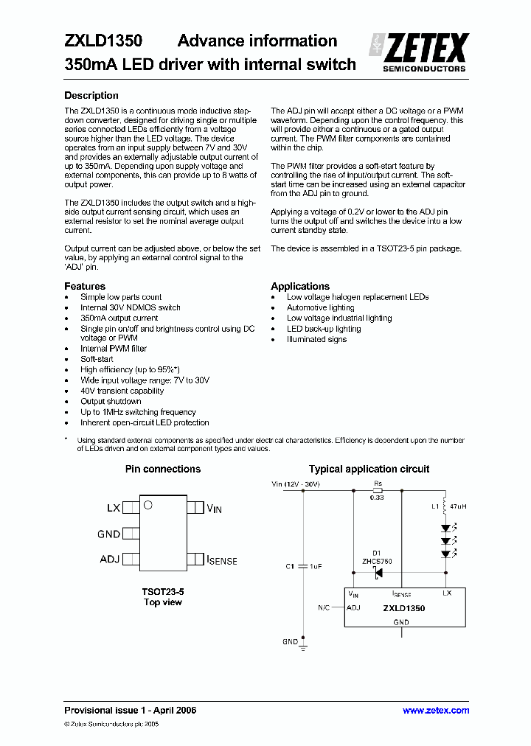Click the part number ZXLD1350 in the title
103,41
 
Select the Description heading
91,95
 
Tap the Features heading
85,286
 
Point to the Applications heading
299,286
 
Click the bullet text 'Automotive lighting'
320,307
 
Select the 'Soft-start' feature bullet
97,359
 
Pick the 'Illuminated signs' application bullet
316,339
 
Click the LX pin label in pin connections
113,508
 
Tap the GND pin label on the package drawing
108,534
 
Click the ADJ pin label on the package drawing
109,559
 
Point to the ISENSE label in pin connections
222,560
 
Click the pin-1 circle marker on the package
147,505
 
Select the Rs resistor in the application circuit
378,489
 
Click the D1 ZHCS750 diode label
377,557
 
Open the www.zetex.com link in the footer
435,711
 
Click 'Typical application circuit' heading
369,469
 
